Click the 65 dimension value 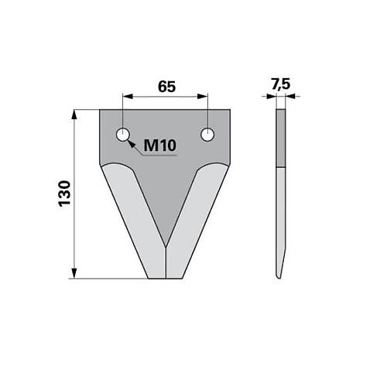[x=165, y=87]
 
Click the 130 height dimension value [x=64, y=193]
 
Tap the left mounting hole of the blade [x=122, y=135]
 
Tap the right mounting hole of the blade [x=207, y=135]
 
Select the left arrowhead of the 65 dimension [x=126, y=97]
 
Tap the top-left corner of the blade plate [x=101, y=110]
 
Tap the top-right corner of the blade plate [x=230, y=110]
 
